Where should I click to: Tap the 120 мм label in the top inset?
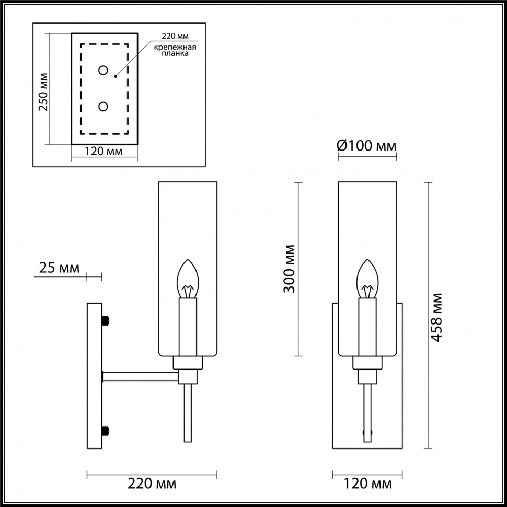[104, 152]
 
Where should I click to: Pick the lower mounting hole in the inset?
[103, 107]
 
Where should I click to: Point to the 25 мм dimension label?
[60, 269]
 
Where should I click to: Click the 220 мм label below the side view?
[152, 483]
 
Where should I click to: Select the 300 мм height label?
[290, 268]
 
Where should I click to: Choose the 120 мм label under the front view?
[367, 483]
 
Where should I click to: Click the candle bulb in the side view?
[188, 278]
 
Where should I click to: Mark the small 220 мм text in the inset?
[174, 36]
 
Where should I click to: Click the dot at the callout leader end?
[116, 77]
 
